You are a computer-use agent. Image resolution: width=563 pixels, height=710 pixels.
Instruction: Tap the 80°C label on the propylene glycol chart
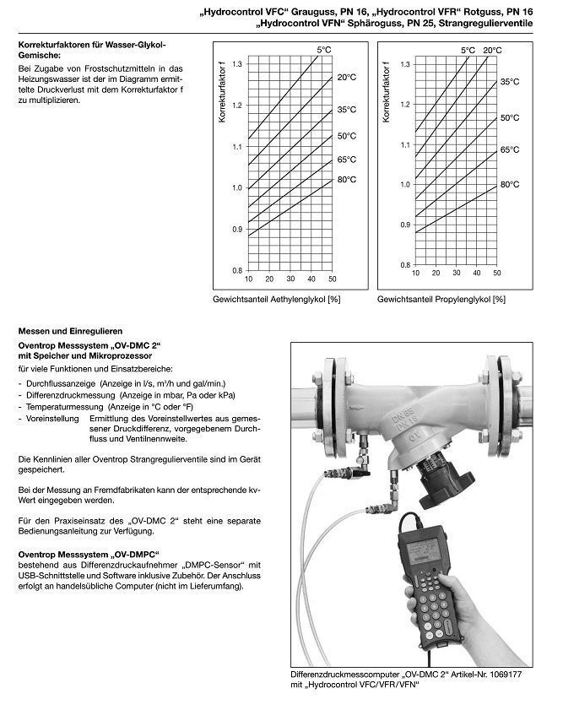(x=509, y=184)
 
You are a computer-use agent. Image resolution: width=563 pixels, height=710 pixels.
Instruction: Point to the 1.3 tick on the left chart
(x=237, y=64)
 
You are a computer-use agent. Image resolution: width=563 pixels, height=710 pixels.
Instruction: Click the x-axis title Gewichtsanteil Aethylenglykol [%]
(x=277, y=299)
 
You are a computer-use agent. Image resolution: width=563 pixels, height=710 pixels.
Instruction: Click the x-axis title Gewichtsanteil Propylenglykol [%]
(x=441, y=299)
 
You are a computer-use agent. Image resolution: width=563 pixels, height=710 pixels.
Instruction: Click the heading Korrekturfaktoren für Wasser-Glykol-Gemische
(x=92, y=47)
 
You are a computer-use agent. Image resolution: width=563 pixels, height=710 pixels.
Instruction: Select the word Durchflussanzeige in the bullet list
(x=52, y=383)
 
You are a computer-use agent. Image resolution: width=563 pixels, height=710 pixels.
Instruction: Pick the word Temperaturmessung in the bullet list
(x=57, y=406)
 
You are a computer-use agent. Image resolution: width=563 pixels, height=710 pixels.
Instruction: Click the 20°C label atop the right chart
(x=492, y=51)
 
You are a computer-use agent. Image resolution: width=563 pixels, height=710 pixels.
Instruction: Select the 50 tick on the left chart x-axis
(x=332, y=279)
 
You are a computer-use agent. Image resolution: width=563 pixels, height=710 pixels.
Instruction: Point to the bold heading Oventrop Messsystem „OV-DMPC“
(x=89, y=554)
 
